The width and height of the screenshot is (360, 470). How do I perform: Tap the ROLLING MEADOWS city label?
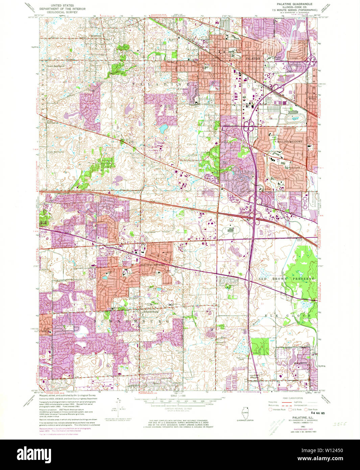coord(289,142)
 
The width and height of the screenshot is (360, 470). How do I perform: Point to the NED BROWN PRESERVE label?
coord(286,279)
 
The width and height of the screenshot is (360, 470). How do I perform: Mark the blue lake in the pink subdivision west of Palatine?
coord(164,128)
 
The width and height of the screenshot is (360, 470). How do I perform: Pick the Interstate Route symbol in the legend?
coord(271,409)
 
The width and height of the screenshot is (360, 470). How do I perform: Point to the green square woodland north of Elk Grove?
coord(260,347)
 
